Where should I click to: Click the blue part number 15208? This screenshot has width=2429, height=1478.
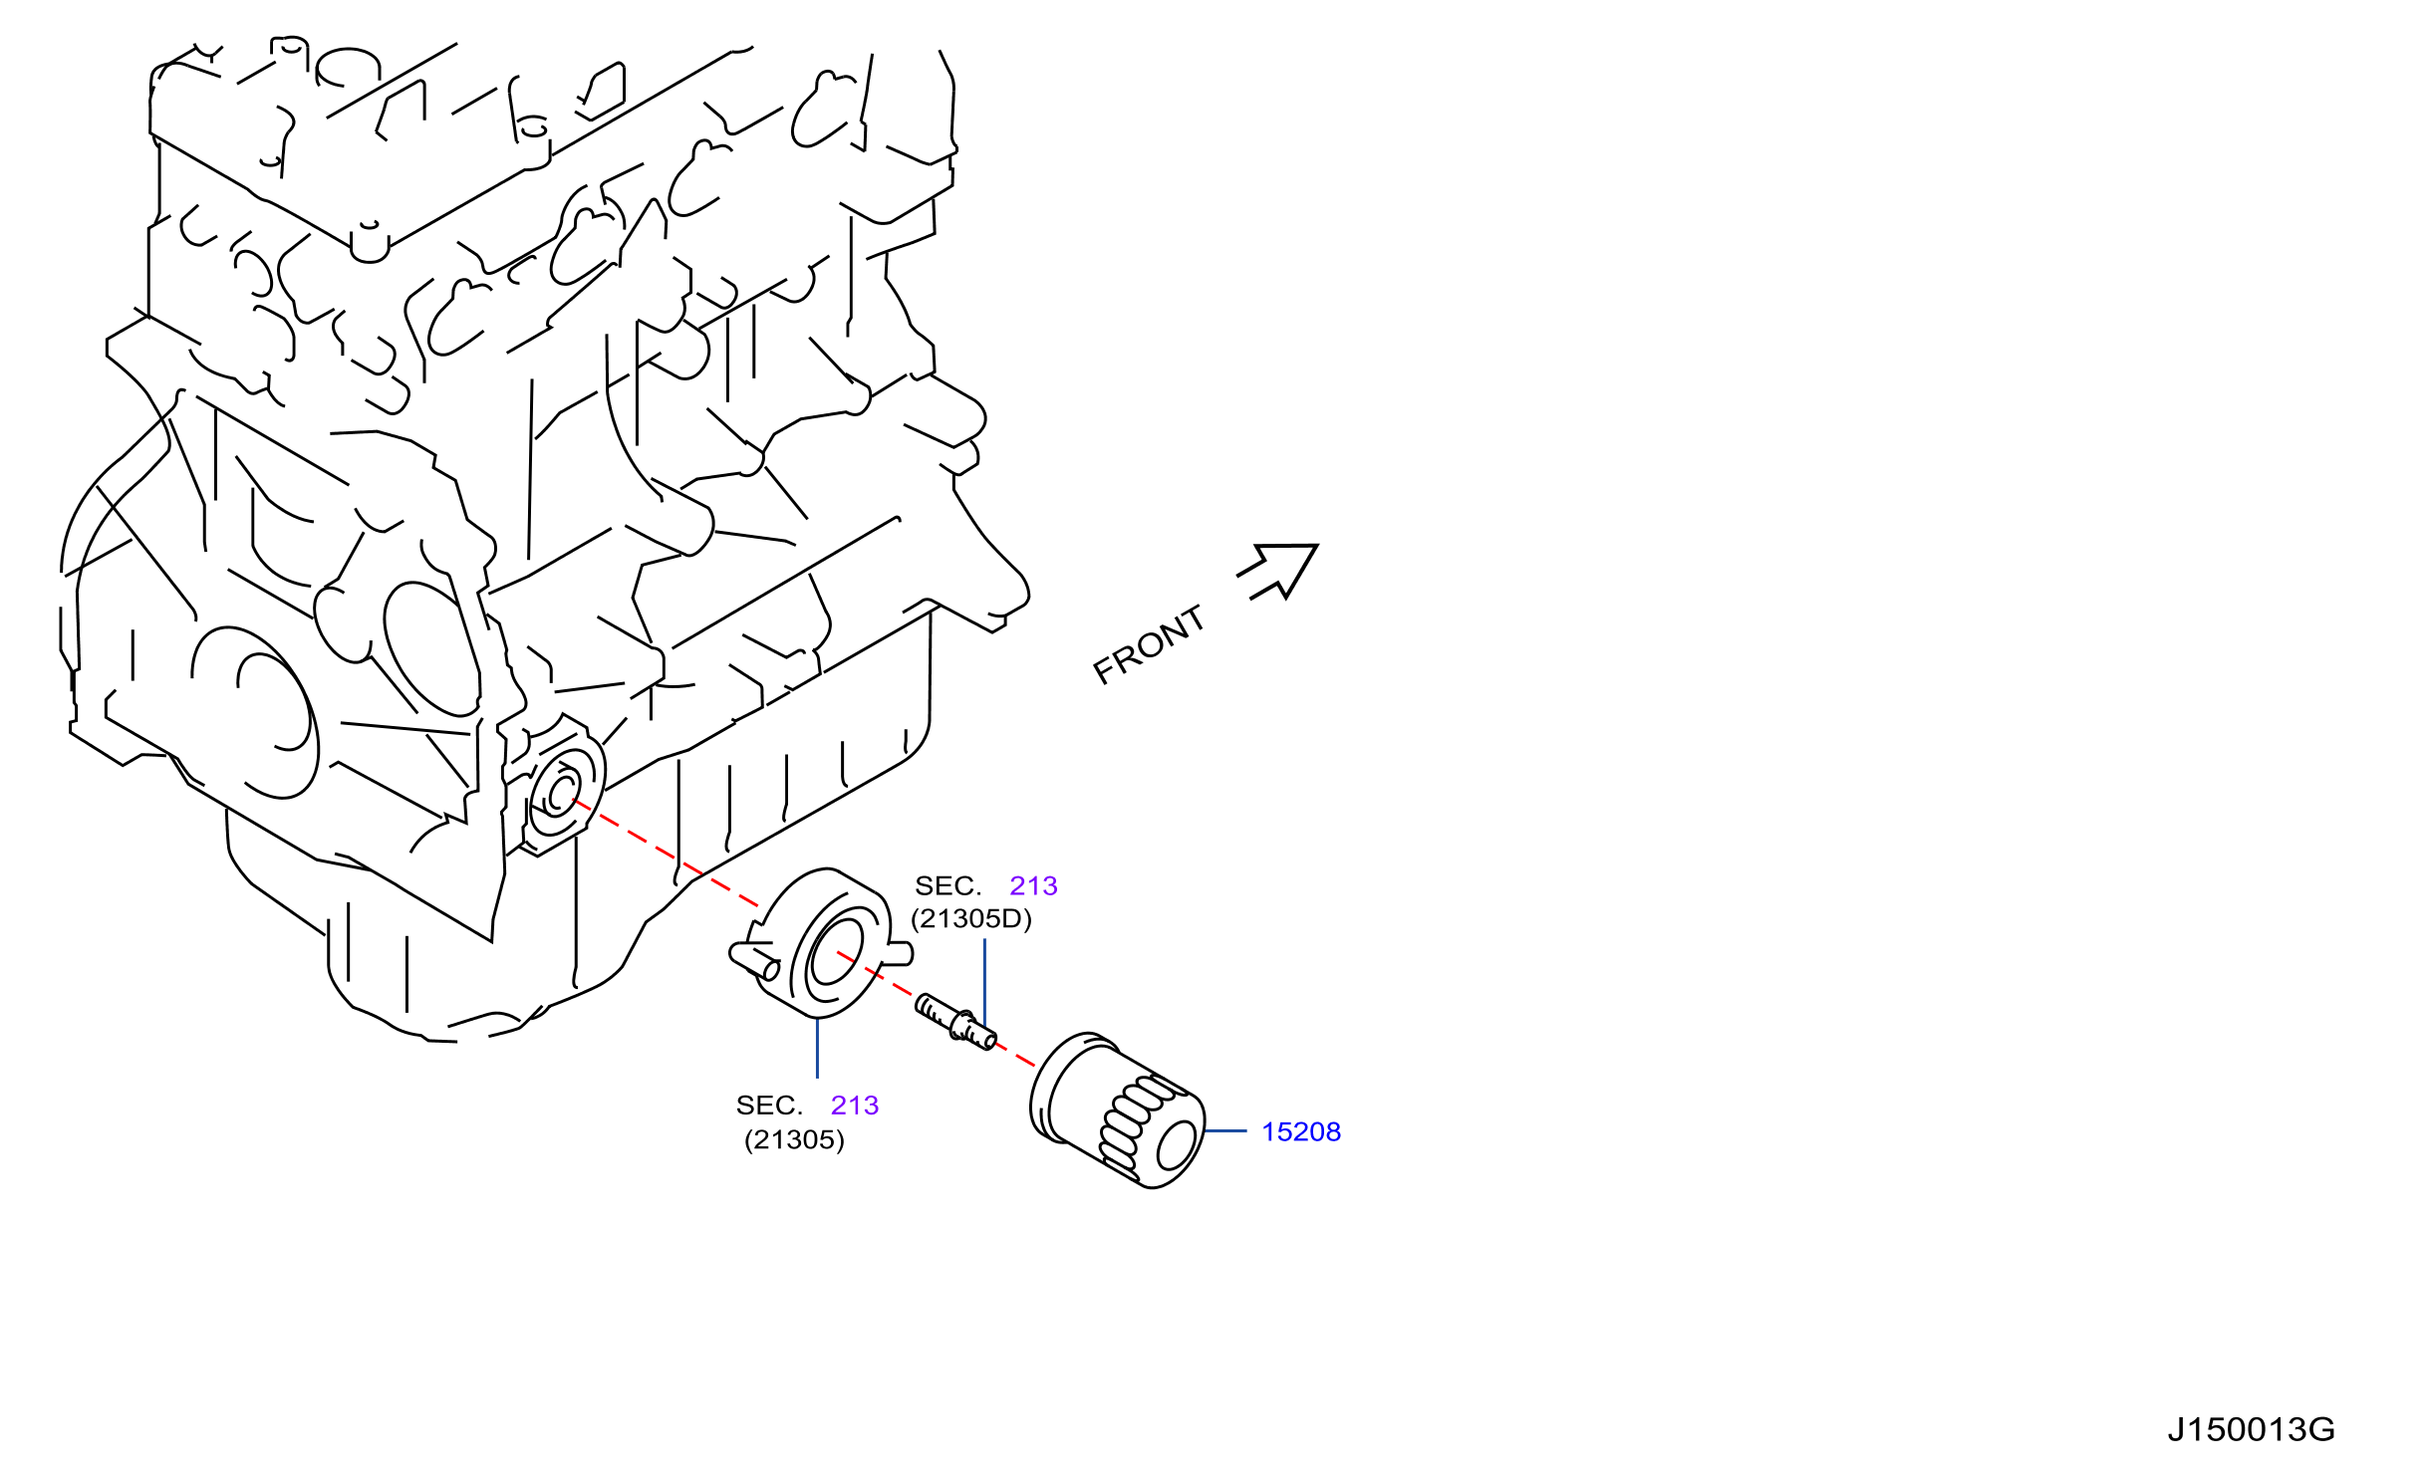coord(1300,1131)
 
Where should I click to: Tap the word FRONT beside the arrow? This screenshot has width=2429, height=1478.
coord(1149,644)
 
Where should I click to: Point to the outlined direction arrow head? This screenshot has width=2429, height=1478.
coord(1278,570)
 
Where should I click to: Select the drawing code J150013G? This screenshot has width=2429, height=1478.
coord(2251,1429)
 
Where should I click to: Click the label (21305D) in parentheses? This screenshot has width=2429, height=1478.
coord(971,918)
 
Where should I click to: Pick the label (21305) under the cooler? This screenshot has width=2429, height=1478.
coord(794,1139)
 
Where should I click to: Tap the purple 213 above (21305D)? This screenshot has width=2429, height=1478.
coord(1033,885)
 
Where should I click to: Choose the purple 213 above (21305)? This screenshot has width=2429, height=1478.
coord(855,1105)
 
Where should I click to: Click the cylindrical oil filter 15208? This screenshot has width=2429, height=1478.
coord(1118,1109)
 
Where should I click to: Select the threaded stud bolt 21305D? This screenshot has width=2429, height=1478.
coord(955,1022)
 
